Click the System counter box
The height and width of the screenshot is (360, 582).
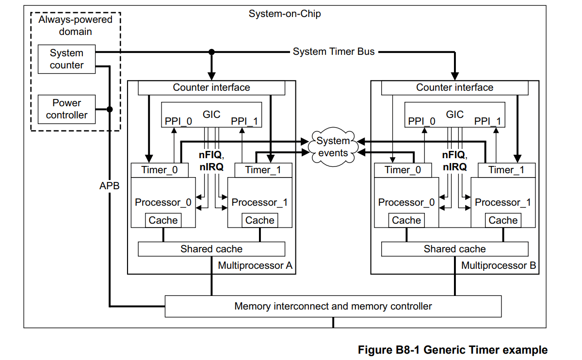pyautogui.click(x=66, y=59)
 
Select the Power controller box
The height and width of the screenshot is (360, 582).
pyautogui.click(x=66, y=109)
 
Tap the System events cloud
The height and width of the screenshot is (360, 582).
pyautogui.click(x=333, y=147)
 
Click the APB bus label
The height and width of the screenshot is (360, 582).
pyautogui.click(x=109, y=185)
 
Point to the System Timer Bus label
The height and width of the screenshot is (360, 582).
pyautogui.click(x=334, y=51)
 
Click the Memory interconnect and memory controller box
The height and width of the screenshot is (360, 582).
pyautogui.click(x=333, y=306)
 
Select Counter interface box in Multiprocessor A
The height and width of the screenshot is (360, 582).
pyautogui.click(x=211, y=88)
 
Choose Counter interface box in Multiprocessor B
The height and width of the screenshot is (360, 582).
pyautogui.click(x=454, y=88)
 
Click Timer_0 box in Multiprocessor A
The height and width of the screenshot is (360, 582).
pyautogui.click(x=159, y=170)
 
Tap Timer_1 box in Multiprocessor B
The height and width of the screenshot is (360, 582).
pyautogui.click(x=506, y=170)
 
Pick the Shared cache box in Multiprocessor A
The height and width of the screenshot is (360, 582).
pyautogui.click(x=211, y=249)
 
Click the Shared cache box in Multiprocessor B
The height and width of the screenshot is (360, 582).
pyautogui.click(x=454, y=249)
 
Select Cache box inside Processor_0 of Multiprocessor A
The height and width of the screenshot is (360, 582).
pyautogui.click(x=163, y=220)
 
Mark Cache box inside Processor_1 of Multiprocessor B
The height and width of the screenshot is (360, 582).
pyautogui.click(x=503, y=220)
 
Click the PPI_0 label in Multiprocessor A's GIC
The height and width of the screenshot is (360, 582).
pyautogui.click(x=178, y=121)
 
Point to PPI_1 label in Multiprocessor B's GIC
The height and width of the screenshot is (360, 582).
pyautogui.click(x=487, y=121)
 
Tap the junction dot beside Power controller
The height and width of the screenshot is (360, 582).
pyautogui.click(x=110, y=109)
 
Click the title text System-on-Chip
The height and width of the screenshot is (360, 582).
pyautogui.click(x=285, y=14)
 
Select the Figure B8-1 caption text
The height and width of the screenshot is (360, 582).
pyautogui.click(x=453, y=350)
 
